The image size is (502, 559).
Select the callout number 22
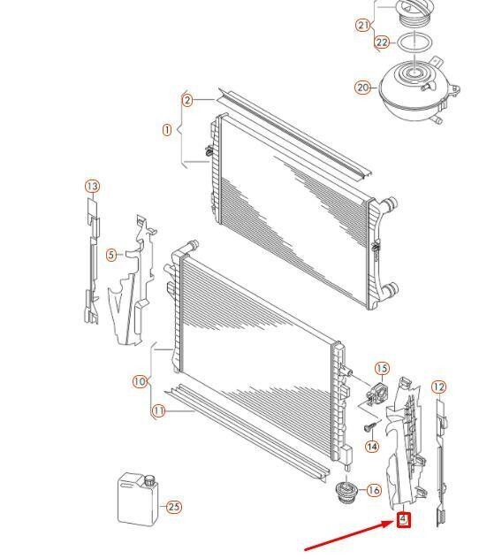coord(382,42)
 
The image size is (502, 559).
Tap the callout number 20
coord(363,88)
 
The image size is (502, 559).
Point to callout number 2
coord(187,100)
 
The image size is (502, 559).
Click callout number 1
coord(167,130)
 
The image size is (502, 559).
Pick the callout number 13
coord(92,187)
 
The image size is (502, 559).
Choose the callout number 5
coord(111,256)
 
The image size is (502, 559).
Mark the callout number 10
coord(140,382)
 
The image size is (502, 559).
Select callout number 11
coord(158,410)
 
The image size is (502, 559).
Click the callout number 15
coord(382,369)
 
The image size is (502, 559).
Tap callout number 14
coord(372,448)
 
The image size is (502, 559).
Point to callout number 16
coord(373,490)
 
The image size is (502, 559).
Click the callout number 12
coord(438,387)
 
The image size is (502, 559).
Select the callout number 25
coord(173,507)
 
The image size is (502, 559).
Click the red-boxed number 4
coord(404,519)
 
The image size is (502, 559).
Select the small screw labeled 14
coord(362,428)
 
